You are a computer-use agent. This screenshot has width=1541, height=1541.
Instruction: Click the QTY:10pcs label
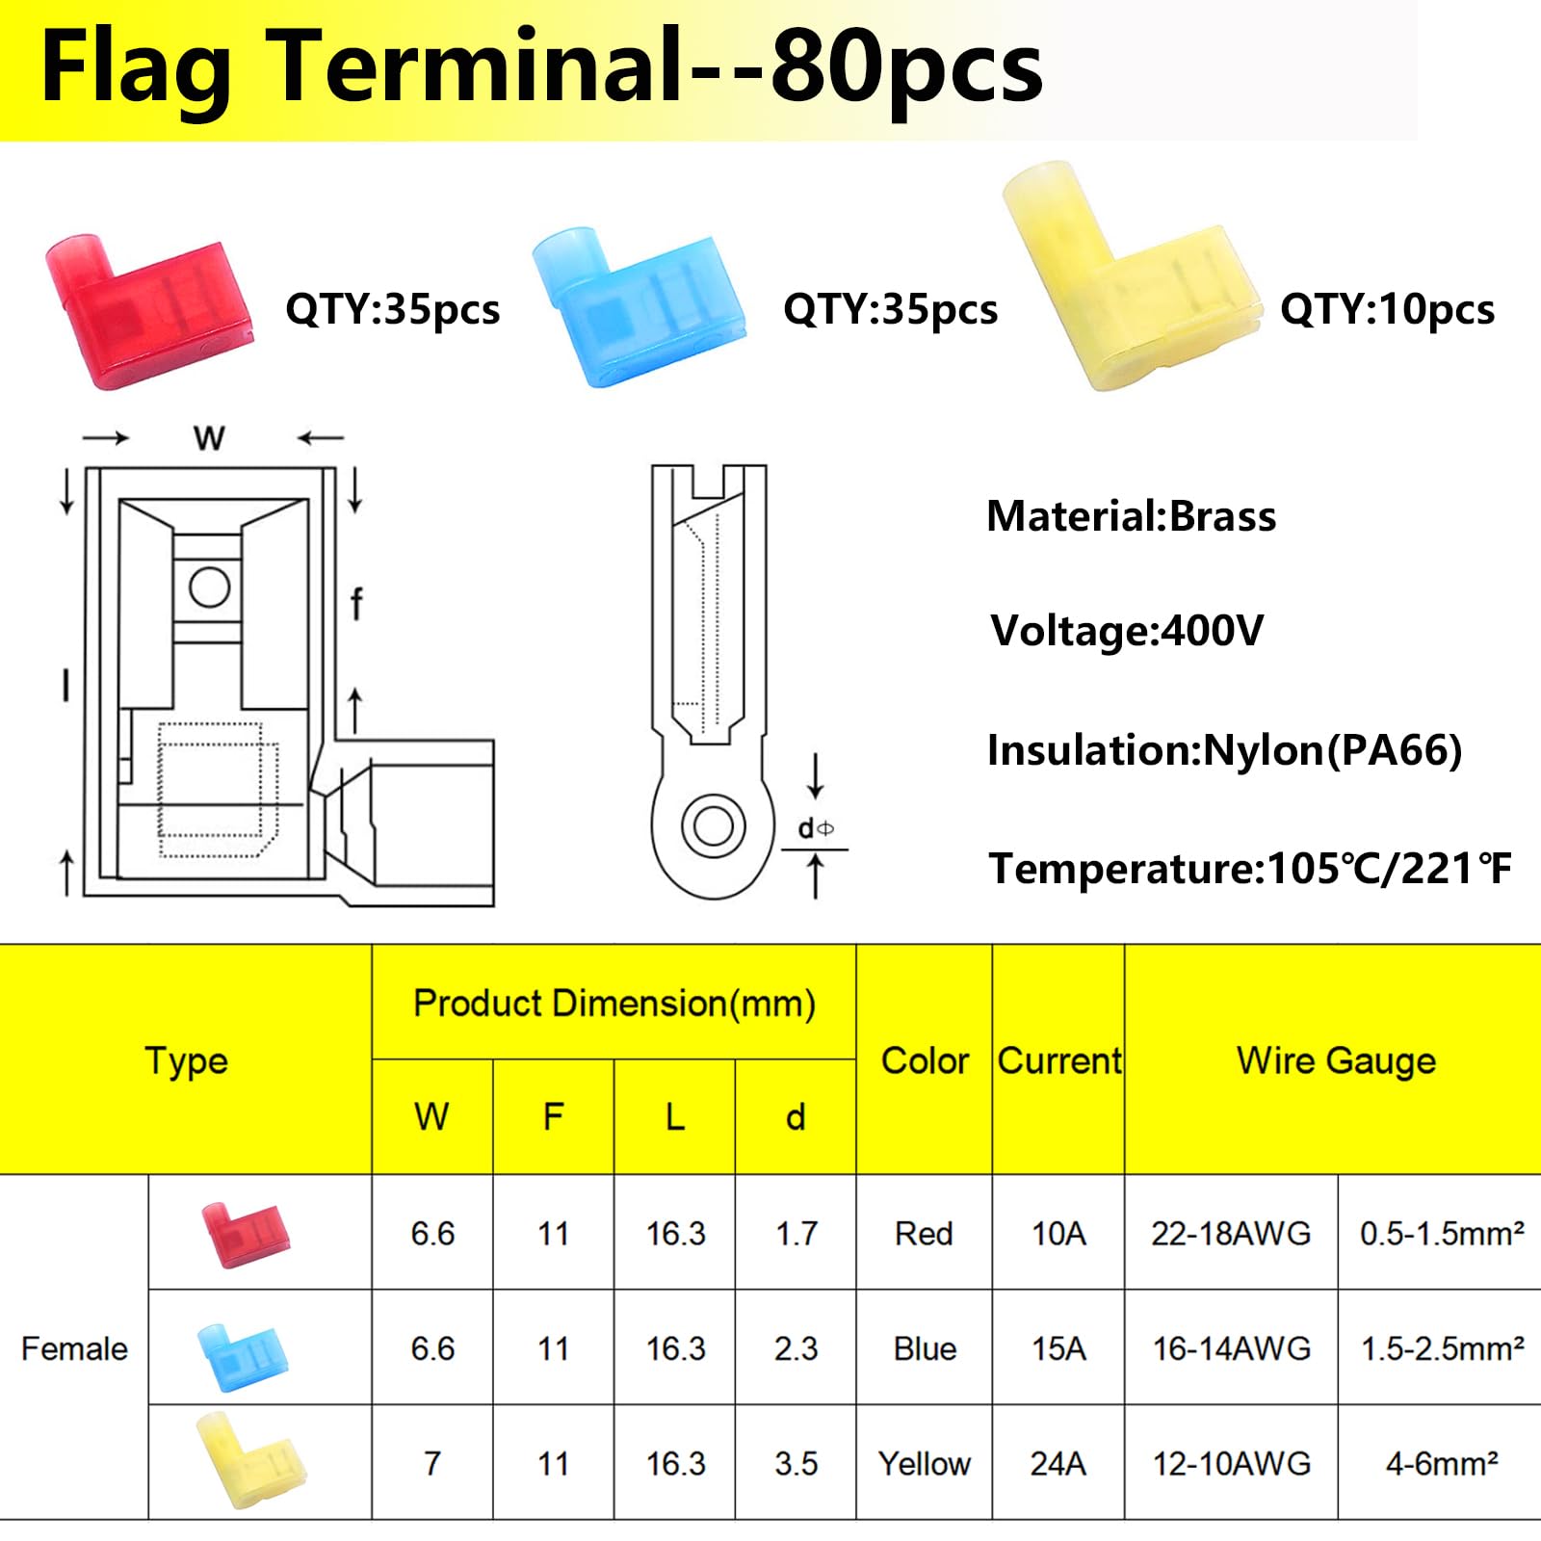point(1387,310)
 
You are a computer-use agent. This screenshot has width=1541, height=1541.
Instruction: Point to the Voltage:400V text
point(1127,632)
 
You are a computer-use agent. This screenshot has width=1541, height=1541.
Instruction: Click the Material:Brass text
point(1131,517)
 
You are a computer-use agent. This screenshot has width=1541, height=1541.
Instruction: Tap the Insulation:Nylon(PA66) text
point(1224,750)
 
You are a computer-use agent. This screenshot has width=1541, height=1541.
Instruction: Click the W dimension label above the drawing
point(209,439)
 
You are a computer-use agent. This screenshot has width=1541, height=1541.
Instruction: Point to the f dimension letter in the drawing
point(356,604)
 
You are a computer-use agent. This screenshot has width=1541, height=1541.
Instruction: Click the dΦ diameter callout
point(815,828)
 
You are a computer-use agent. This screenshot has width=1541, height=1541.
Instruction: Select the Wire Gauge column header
point(1336,1060)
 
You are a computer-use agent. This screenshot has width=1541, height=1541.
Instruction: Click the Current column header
point(1058,1060)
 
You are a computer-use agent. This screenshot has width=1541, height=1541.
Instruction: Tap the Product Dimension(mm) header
point(614,1004)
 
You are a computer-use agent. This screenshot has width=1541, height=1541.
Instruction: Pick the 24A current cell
point(1058,1464)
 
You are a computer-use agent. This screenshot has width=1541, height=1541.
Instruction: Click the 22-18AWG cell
point(1231,1234)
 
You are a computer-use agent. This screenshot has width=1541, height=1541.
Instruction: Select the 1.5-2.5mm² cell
point(1442,1348)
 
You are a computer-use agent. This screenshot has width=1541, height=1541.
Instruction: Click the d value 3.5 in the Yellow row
point(796,1464)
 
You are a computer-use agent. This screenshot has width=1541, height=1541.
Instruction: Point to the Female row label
point(74,1348)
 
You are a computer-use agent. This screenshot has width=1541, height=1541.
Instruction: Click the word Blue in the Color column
point(925,1348)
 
